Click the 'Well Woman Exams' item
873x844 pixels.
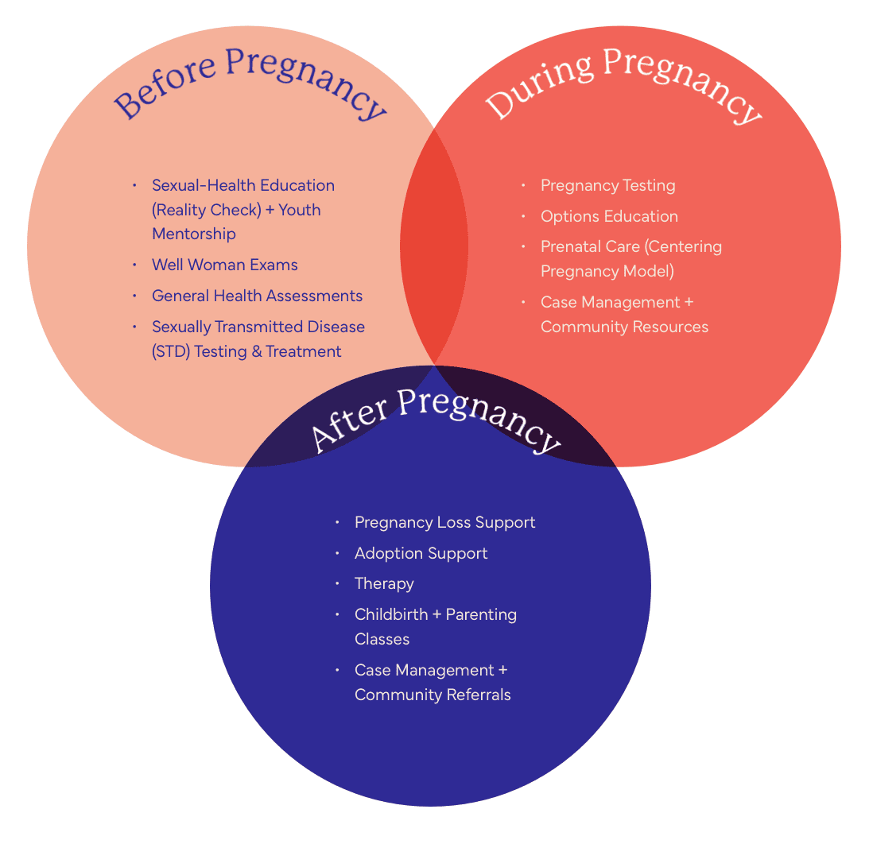[225, 265]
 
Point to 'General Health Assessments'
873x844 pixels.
[257, 296]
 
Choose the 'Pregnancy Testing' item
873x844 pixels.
[607, 185]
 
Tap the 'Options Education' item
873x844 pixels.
[609, 216]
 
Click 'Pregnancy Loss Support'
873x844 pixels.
[444, 522]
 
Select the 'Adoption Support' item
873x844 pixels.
[421, 553]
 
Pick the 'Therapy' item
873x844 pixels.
[384, 583]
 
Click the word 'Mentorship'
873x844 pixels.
[193, 234]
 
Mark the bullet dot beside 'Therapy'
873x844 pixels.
[337, 584]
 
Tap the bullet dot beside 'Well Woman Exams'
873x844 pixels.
[134, 265]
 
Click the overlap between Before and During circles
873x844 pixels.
[434, 246]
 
